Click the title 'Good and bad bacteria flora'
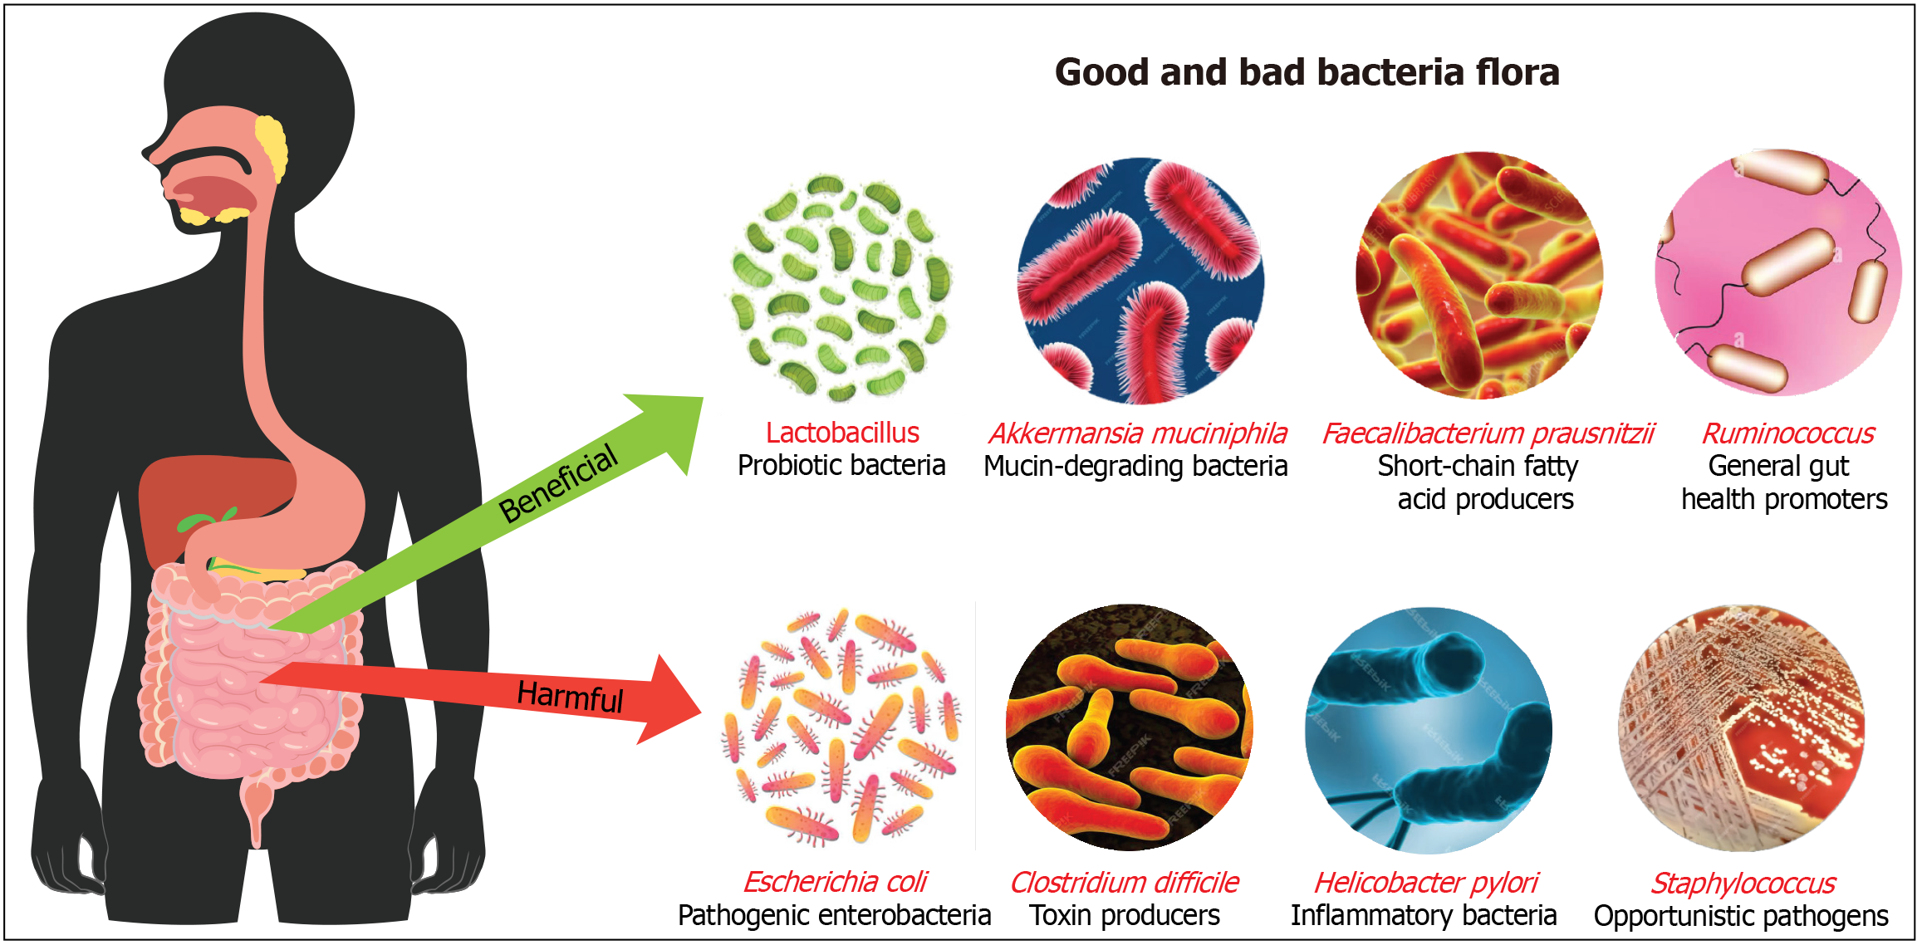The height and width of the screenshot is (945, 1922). pos(1307,72)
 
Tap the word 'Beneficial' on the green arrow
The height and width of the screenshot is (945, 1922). pos(558,483)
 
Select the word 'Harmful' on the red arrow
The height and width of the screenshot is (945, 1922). pos(570,695)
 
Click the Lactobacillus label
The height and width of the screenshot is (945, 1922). pos(842,433)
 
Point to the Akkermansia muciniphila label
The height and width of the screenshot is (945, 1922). pos(1137,433)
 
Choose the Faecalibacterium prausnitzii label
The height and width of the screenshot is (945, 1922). pos(1488,433)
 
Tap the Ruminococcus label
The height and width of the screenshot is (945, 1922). pos(1787,433)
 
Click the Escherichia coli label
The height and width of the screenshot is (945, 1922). pos(835,882)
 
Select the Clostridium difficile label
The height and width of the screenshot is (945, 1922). pos(1124,882)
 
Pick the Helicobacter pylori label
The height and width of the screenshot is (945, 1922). pos(1426,882)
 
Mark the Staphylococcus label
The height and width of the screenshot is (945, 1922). pos(1742,883)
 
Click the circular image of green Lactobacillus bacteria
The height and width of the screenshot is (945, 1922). pos(841,286)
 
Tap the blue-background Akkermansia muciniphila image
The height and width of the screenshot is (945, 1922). pos(1140,281)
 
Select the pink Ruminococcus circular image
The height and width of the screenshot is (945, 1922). pos(1777,272)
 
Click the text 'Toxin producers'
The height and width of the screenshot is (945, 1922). pos(1124,915)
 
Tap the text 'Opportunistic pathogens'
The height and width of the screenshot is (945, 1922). pos(1741,916)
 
